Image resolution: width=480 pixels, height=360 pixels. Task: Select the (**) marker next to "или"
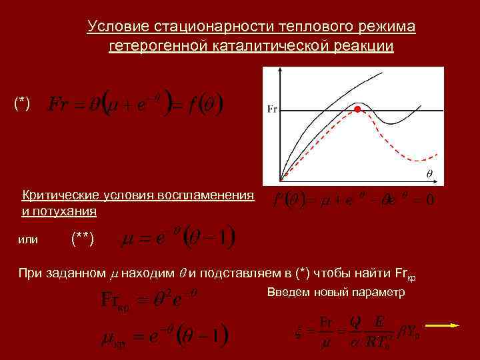point(82,239)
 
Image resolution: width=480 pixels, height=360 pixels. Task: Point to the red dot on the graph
point(357,108)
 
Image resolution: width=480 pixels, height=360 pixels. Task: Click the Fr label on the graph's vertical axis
point(272,108)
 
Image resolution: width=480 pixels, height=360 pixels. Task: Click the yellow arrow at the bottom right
point(443,325)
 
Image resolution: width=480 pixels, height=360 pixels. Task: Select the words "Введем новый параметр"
point(335,293)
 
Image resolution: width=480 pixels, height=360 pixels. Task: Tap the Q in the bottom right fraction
point(355,321)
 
